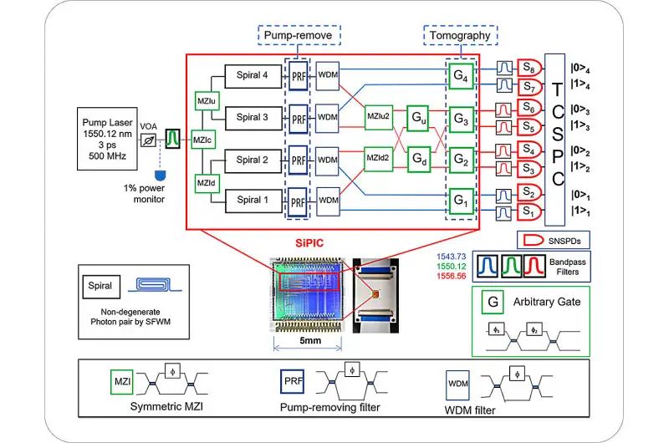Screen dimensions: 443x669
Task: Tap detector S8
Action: point(529,68)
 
